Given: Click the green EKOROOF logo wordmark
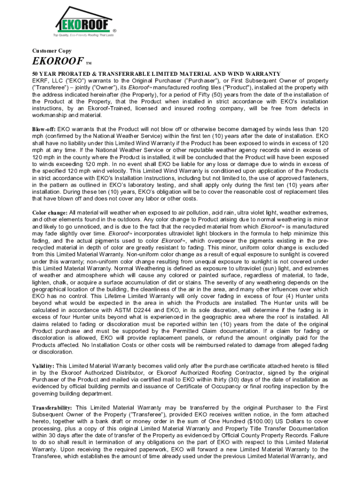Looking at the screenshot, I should (84, 23).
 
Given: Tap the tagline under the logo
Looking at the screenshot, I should (83, 35).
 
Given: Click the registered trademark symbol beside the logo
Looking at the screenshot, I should (115, 30).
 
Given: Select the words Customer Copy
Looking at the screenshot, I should (51, 51).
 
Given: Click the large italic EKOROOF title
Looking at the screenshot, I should (58, 62).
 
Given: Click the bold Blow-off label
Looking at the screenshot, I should (44, 129).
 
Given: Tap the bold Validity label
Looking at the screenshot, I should (43, 366).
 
